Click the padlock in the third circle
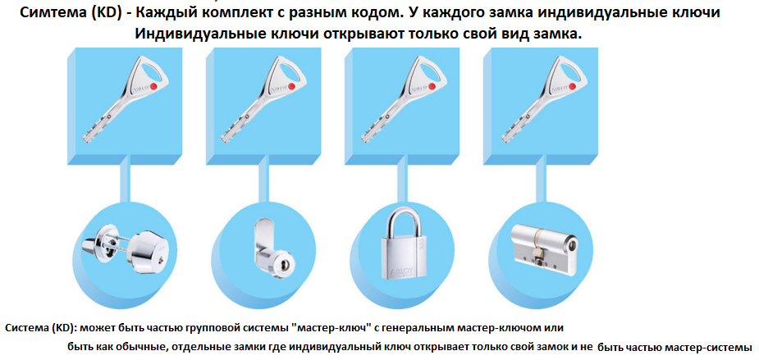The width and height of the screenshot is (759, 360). pyautogui.click(x=399, y=246)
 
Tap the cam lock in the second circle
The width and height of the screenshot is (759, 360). pyautogui.click(x=270, y=247)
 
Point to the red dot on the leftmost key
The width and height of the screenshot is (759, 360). pyautogui.click(x=154, y=87)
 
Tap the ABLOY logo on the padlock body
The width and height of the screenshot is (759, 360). pyautogui.click(x=398, y=273)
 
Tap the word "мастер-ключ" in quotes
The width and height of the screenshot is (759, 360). pyautogui.click(x=330, y=328)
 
